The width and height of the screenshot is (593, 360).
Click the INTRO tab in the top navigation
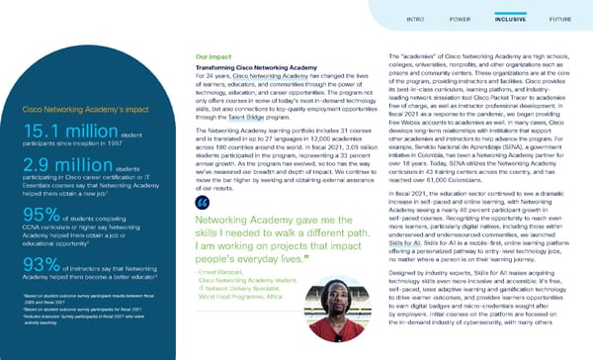point(415,18)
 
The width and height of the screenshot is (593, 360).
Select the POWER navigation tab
point(459,18)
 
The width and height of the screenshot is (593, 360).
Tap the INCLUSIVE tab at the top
point(510,18)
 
